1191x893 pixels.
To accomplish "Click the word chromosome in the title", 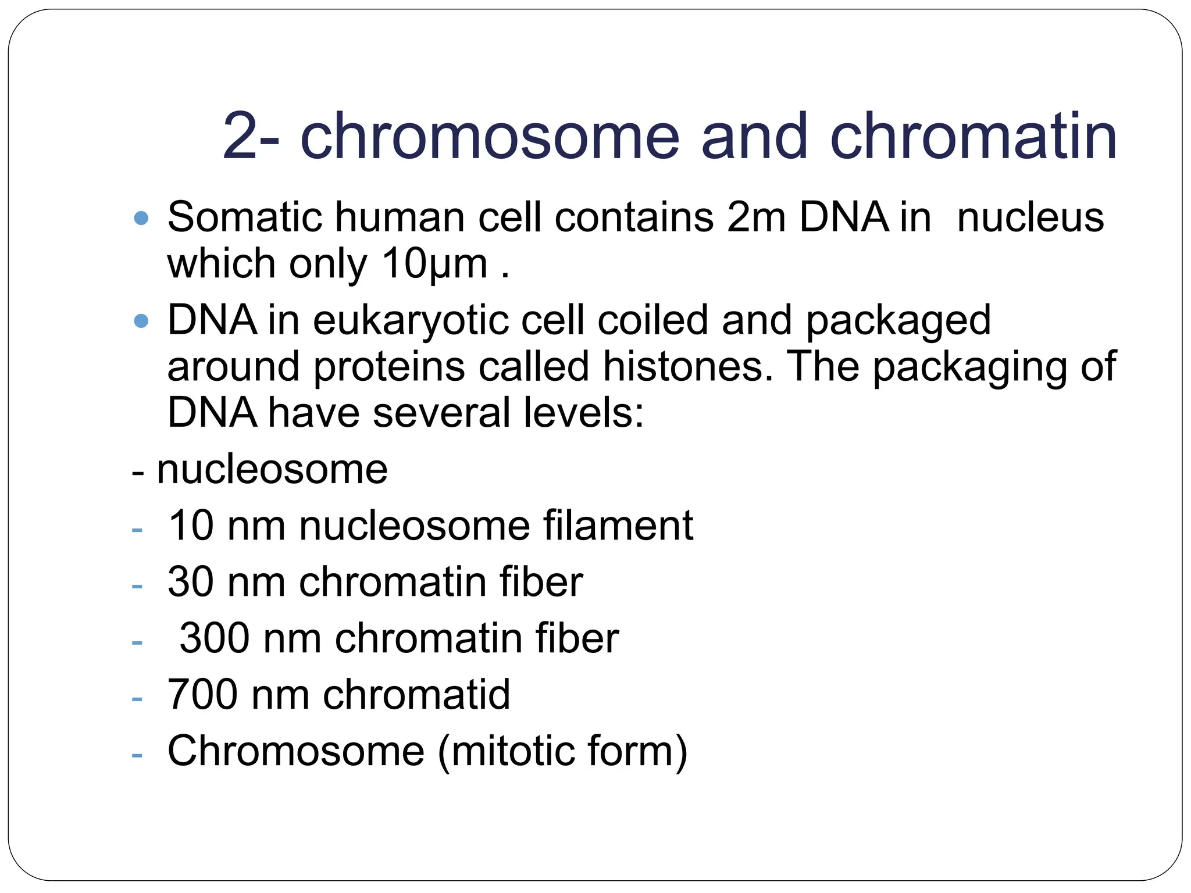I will [x=489, y=137].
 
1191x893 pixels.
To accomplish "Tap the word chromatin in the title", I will [x=973, y=137].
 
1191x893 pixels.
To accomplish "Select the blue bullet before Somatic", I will [x=141, y=219].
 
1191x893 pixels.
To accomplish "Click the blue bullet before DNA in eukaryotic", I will [x=141, y=321].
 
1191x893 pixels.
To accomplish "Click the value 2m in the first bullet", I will [x=756, y=217].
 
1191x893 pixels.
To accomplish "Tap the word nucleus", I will [x=1030, y=217].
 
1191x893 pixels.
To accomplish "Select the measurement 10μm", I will [x=434, y=265].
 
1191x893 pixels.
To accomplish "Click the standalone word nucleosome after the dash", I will [x=272, y=469].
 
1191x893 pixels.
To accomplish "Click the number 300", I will [x=215, y=638].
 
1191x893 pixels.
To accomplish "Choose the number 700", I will [x=202, y=695].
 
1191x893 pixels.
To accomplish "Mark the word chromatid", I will [x=416, y=695].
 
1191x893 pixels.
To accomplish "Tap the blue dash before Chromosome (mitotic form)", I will [x=137, y=755].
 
